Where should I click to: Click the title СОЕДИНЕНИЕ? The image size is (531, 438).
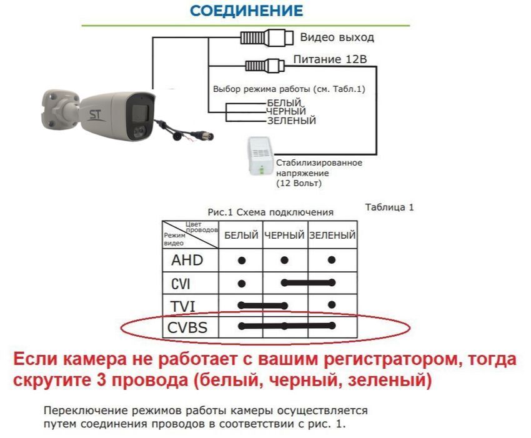point(247,11)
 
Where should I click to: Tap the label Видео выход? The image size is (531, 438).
point(337,37)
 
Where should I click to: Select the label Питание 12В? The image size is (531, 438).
point(330,59)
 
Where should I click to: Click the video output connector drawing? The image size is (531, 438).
point(267,37)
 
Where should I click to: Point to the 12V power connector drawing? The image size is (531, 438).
point(264,66)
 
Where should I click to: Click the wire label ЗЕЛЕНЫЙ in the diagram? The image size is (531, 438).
point(292,121)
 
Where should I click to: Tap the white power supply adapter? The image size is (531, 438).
point(261,156)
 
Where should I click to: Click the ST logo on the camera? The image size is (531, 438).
point(95,114)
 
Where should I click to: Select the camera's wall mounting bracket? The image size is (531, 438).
point(60,109)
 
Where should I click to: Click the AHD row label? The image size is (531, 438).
point(187,260)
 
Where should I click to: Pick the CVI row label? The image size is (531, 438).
point(181,284)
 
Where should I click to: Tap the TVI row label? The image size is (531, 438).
point(183,307)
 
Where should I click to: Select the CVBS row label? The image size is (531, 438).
point(187,327)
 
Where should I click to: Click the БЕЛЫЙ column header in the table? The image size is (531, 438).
point(241,235)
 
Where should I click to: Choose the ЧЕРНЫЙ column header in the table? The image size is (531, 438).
point(284,235)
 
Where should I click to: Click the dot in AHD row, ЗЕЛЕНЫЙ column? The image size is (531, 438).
point(332,260)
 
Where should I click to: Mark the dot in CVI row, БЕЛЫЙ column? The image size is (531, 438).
point(242,284)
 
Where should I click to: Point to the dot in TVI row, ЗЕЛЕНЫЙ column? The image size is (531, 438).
point(332,305)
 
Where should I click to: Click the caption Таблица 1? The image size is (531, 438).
point(389,207)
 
